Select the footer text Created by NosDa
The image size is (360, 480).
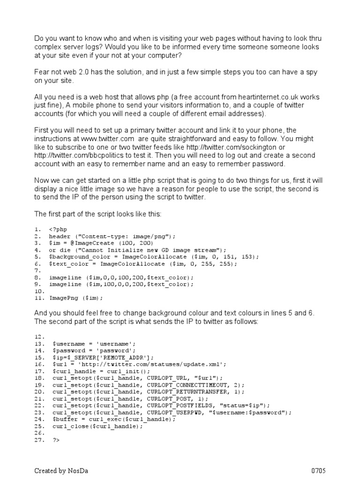pos(59,471)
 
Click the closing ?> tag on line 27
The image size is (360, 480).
pos(57,441)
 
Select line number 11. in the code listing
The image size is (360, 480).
pos(39,298)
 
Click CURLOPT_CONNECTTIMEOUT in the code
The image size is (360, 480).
pos(190,384)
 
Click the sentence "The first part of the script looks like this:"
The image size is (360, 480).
pos(97,214)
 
